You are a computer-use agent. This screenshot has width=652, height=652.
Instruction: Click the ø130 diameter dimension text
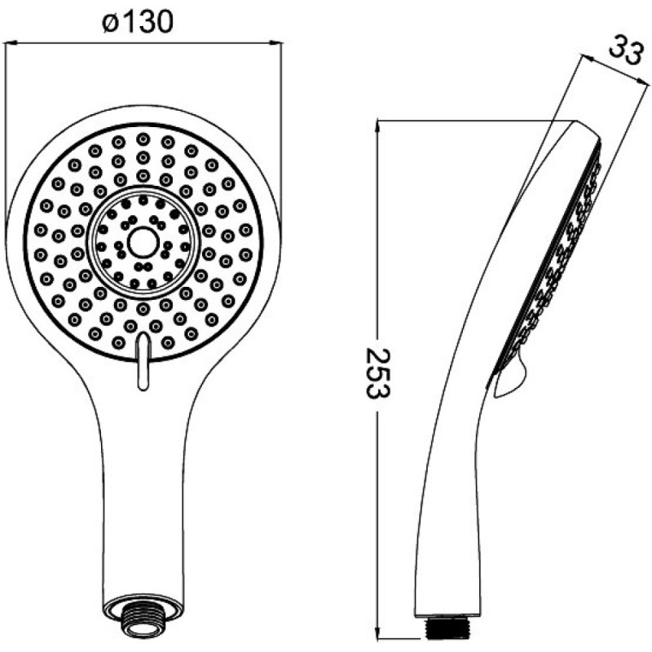[137, 22]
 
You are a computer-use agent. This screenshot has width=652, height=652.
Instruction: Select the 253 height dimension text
[377, 374]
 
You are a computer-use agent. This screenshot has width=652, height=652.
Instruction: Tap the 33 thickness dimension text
[625, 51]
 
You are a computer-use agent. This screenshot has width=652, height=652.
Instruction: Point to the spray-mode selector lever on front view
[143, 361]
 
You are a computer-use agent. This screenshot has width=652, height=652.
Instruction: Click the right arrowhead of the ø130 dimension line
[275, 42]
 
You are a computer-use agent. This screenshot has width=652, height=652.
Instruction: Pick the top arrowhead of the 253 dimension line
[377, 126]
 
